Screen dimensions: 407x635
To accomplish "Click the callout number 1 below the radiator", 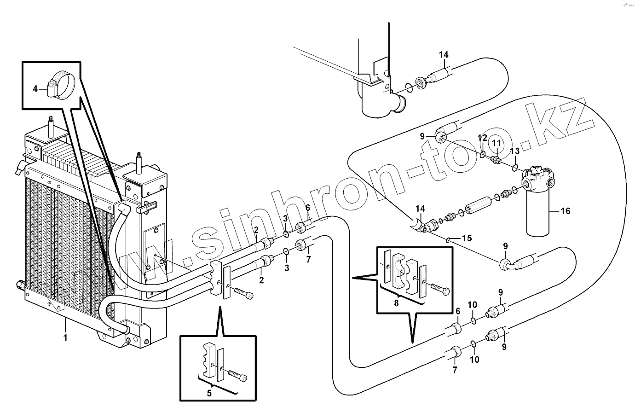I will (65, 337).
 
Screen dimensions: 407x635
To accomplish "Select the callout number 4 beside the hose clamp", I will (35, 88).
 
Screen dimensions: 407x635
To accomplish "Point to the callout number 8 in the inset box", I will (396, 303).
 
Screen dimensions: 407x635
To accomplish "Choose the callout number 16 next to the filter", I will (565, 211).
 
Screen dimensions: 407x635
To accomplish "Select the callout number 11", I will (496, 144).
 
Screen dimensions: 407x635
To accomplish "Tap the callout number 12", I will (482, 138).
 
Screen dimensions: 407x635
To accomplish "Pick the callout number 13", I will (514, 151).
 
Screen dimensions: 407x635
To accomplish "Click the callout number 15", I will (467, 238).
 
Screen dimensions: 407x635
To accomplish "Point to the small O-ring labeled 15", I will (448, 238).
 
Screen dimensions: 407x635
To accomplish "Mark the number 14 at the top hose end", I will (443, 55).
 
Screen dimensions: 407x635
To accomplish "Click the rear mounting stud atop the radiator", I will (50, 127).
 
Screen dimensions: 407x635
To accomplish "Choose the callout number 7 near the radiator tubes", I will (309, 259).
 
